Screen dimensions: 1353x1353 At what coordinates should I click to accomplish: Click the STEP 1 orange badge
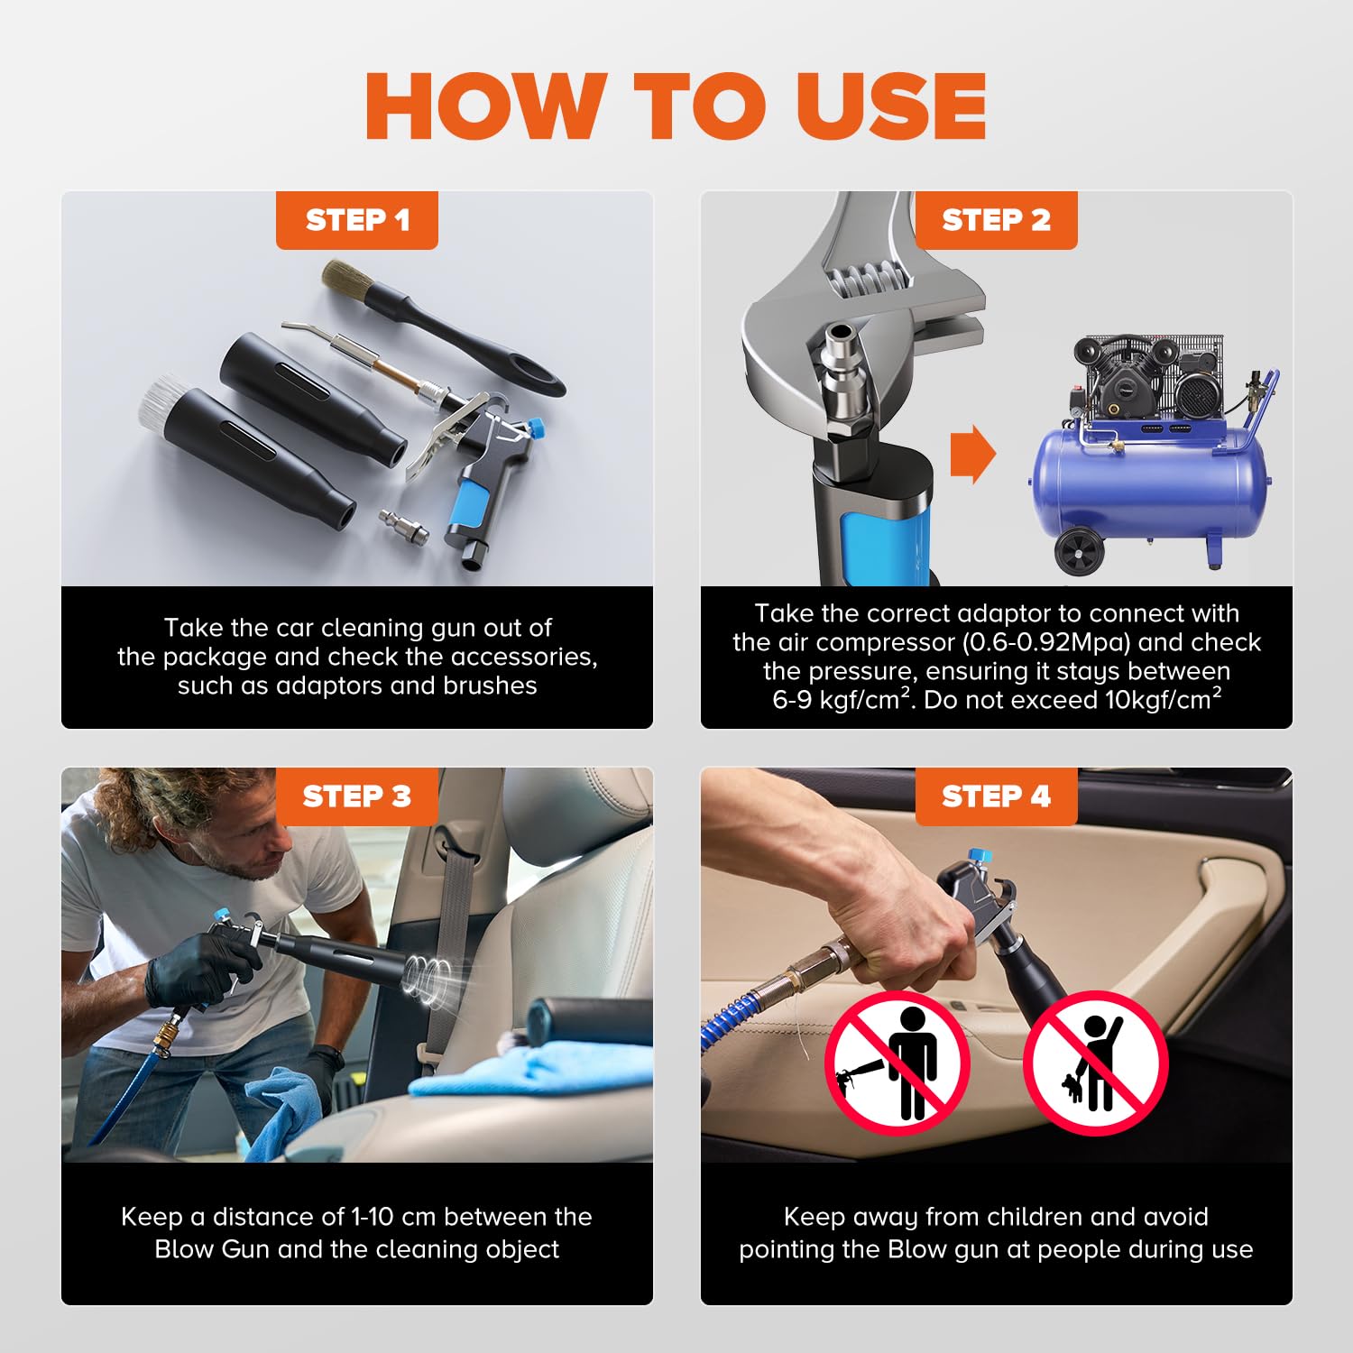[x=357, y=219]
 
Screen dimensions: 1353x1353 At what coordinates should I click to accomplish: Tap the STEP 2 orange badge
[x=996, y=219]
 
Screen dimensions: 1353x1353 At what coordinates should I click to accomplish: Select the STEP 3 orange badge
[x=357, y=796]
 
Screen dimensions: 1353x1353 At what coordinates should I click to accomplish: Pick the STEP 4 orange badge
[x=996, y=796]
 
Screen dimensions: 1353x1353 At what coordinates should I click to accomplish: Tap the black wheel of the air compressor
[x=1080, y=552]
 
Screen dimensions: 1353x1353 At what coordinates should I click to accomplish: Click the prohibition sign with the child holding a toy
[x=1095, y=1063]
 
